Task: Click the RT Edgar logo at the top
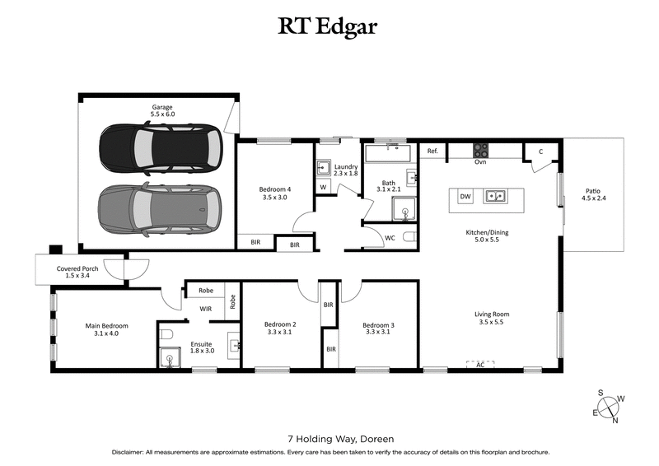329,27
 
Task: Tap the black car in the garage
161,148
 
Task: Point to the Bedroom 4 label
275,193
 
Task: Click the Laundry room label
339,170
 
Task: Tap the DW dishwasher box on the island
465,197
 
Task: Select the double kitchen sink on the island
495,196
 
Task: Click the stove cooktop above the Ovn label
480,150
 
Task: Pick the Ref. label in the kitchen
432,151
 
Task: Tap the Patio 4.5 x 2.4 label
593,193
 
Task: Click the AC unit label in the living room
479,364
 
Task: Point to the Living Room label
492,318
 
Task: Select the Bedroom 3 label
379,329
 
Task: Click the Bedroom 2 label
280,329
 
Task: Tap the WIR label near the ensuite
206,309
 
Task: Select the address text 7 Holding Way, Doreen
329,439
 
